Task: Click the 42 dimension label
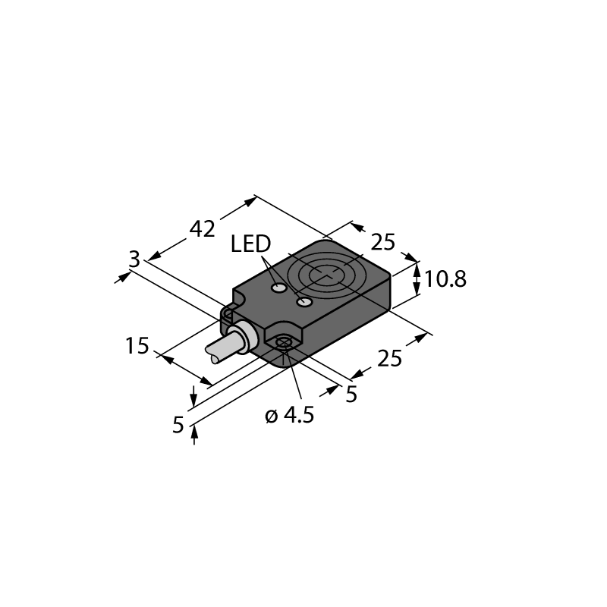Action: pyautogui.click(x=203, y=228)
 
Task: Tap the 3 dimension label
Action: pyautogui.click(x=134, y=259)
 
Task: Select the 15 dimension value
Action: pyautogui.click(x=137, y=347)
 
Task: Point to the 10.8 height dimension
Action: pyautogui.click(x=445, y=279)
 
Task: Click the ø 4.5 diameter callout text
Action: pyautogui.click(x=289, y=416)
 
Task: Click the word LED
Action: pyautogui.click(x=250, y=244)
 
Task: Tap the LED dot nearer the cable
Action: pyautogui.click(x=279, y=289)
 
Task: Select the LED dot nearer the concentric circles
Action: pyautogui.click(x=305, y=303)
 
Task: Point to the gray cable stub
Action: pyautogui.click(x=219, y=350)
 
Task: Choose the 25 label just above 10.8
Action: pyautogui.click(x=384, y=242)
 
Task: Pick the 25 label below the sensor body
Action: pyautogui.click(x=389, y=358)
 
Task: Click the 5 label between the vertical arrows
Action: pyautogui.click(x=178, y=425)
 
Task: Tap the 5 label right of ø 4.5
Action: pyautogui.click(x=351, y=395)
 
